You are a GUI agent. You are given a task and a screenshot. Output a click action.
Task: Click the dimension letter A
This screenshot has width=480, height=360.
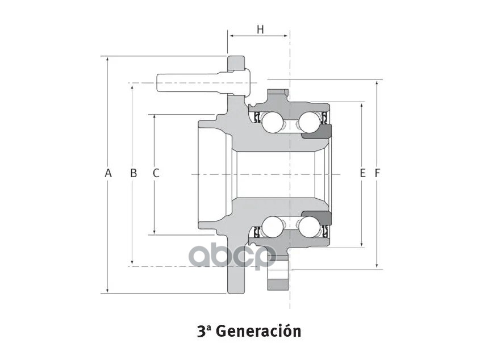click(x=108, y=173)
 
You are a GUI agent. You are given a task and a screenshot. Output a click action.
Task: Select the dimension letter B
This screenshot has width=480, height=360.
click(x=133, y=173)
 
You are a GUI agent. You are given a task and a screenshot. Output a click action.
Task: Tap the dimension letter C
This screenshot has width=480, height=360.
click(x=156, y=173)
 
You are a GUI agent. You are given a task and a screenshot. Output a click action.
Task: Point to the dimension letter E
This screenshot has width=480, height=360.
click(x=362, y=173)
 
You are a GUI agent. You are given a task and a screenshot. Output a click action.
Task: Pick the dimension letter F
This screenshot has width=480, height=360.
click(x=377, y=173)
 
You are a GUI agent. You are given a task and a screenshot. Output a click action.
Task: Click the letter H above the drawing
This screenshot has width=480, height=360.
click(x=260, y=30)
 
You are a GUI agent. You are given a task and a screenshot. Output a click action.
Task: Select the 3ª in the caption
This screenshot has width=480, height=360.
click(x=203, y=331)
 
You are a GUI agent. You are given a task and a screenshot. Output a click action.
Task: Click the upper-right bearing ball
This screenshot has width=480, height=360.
click(x=309, y=121)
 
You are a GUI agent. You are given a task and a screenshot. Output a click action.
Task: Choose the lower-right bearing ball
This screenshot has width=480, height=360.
click(x=309, y=227)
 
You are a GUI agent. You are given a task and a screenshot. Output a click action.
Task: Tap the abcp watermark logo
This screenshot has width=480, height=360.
click(x=232, y=255)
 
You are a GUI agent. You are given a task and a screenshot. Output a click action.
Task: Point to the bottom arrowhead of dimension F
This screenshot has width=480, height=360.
click(x=377, y=265)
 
